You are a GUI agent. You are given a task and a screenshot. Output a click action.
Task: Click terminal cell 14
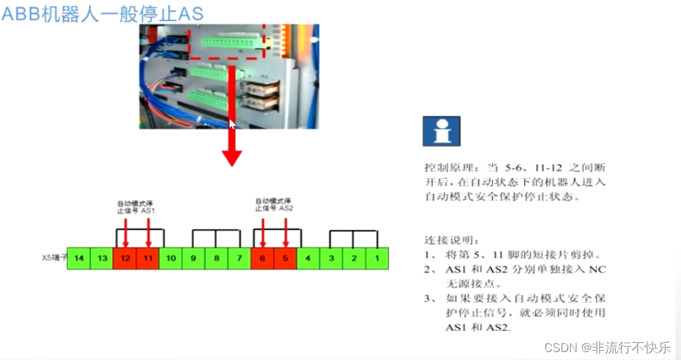click(79, 258)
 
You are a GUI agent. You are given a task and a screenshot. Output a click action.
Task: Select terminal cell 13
click(102, 258)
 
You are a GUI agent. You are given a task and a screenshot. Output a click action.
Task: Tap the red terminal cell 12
click(125, 258)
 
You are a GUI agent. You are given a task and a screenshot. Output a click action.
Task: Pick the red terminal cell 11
click(147, 258)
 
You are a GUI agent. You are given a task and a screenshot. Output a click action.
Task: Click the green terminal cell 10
click(170, 258)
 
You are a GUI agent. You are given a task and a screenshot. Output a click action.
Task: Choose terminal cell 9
click(194, 258)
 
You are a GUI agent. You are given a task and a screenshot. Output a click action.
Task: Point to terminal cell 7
click(239, 258)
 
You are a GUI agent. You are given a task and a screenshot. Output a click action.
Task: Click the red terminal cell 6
click(262, 258)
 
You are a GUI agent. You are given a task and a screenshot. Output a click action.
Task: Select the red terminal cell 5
click(285, 258)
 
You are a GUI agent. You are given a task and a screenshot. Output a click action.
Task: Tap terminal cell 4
click(308, 258)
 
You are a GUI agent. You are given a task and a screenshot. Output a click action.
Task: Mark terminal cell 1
click(376, 258)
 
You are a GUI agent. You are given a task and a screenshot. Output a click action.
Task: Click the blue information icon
click(441, 131)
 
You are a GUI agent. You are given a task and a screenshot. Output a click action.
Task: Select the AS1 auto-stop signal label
click(136, 205)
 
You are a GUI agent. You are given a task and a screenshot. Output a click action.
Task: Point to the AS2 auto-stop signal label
click(273, 204)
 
